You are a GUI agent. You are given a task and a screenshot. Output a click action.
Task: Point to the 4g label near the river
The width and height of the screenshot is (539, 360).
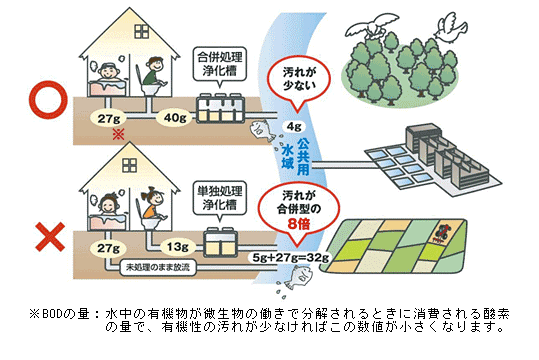[x=294, y=127]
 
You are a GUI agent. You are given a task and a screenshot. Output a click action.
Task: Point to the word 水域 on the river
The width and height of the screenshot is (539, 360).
[x=300, y=146]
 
